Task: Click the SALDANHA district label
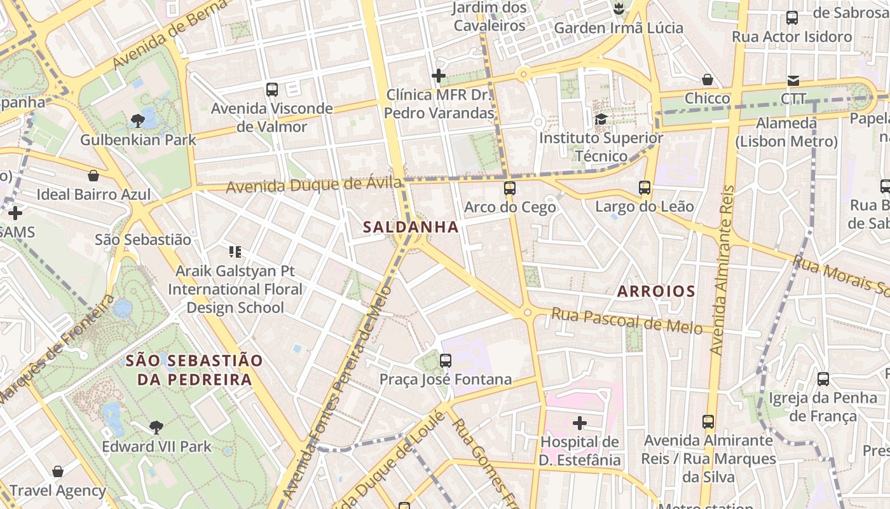point(411,227)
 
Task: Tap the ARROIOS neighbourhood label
point(656,291)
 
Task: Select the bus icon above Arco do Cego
point(509,188)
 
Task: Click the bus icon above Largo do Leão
point(645,188)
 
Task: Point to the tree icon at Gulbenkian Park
point(137,120)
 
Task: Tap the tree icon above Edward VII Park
point(156,427)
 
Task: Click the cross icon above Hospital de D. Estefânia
point(579,422)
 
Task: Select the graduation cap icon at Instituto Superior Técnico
point(600,119)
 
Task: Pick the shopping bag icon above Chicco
point(707,80)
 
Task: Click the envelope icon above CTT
point(793,80)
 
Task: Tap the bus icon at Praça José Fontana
point(446,361)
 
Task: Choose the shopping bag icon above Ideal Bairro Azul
point(93,176)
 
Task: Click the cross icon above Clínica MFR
point(438,76)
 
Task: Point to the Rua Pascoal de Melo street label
point(627,320)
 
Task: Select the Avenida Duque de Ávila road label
point(314,186)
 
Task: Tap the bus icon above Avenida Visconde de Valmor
point(272,90)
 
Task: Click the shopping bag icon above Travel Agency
point(58,471)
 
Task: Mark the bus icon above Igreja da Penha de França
point(823,379)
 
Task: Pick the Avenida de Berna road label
point(170,35)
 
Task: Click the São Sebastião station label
point(142,240)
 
